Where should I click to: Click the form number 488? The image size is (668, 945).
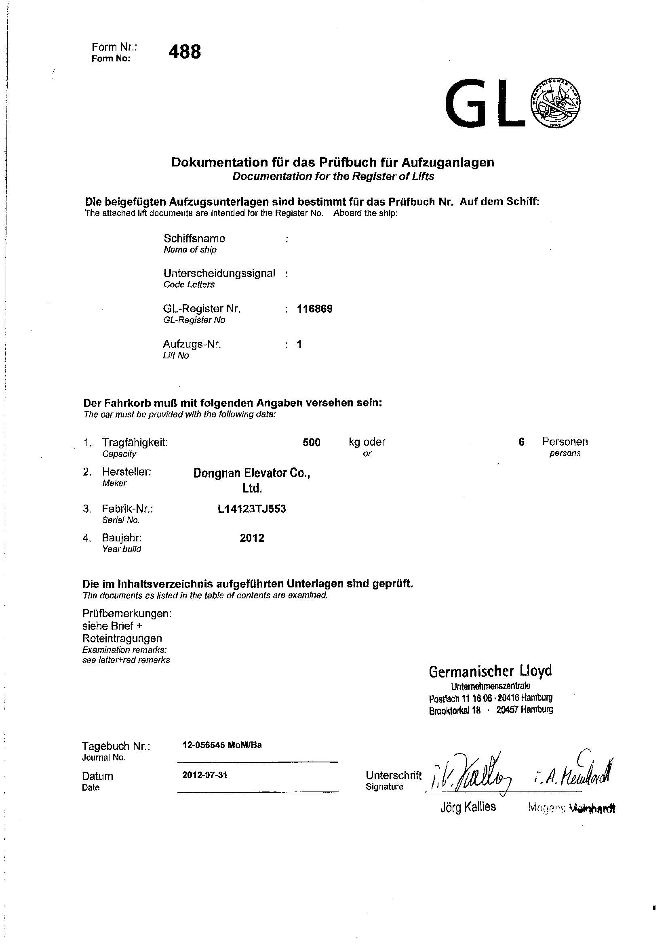pos(185,52)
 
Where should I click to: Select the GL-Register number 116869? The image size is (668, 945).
pos(314,309)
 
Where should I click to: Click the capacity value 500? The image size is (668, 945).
pos(311,442)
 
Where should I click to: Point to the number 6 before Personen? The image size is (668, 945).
pos(521,442)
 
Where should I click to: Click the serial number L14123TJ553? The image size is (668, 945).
pos(251,509)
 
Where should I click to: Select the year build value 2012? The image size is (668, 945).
pos(252,538)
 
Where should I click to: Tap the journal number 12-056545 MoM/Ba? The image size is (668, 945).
pos(222,745)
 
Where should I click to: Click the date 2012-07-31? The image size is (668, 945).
pos(204,775)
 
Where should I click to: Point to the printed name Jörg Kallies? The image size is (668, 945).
pos(468,807)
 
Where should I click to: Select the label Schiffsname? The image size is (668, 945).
pos(194,239)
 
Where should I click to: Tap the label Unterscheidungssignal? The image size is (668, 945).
pos(219,273)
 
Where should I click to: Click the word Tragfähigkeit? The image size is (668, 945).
pos(135,443)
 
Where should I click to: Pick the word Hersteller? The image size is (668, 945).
pos(127,472)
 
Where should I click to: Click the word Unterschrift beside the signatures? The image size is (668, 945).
pos(393,775)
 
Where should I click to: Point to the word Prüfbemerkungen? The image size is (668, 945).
pos(127,614)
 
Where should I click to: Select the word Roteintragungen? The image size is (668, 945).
pos(122,638)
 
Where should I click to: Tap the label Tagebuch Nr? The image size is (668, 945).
pos(116,746)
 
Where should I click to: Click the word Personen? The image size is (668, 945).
pos(565,442)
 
